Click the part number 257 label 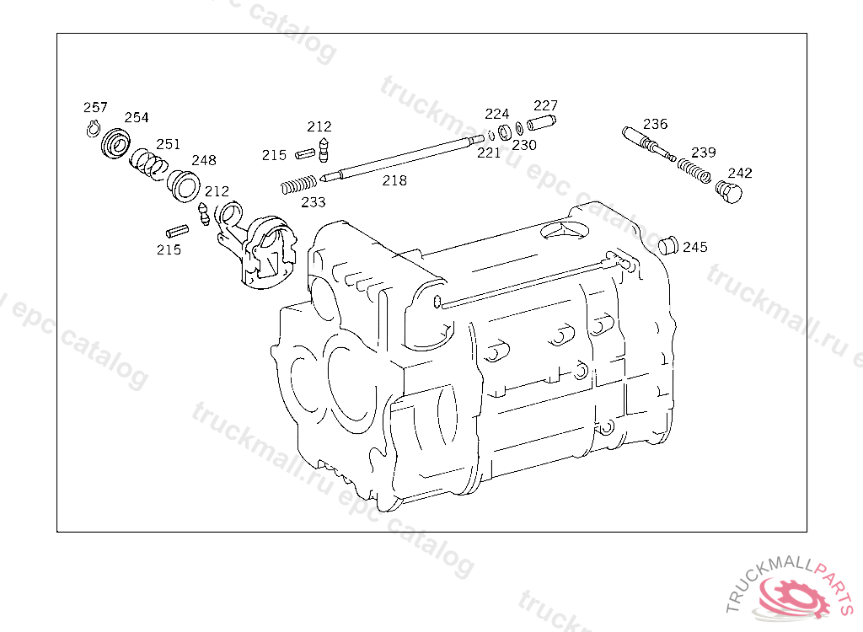pos(95,107)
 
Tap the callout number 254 pos(137,117)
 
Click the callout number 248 pos(204,160)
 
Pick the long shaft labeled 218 pos(402,158)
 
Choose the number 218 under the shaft pos(394,180)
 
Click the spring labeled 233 pos(299,185)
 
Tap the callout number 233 pos(314,202)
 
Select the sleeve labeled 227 pos(542,123)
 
